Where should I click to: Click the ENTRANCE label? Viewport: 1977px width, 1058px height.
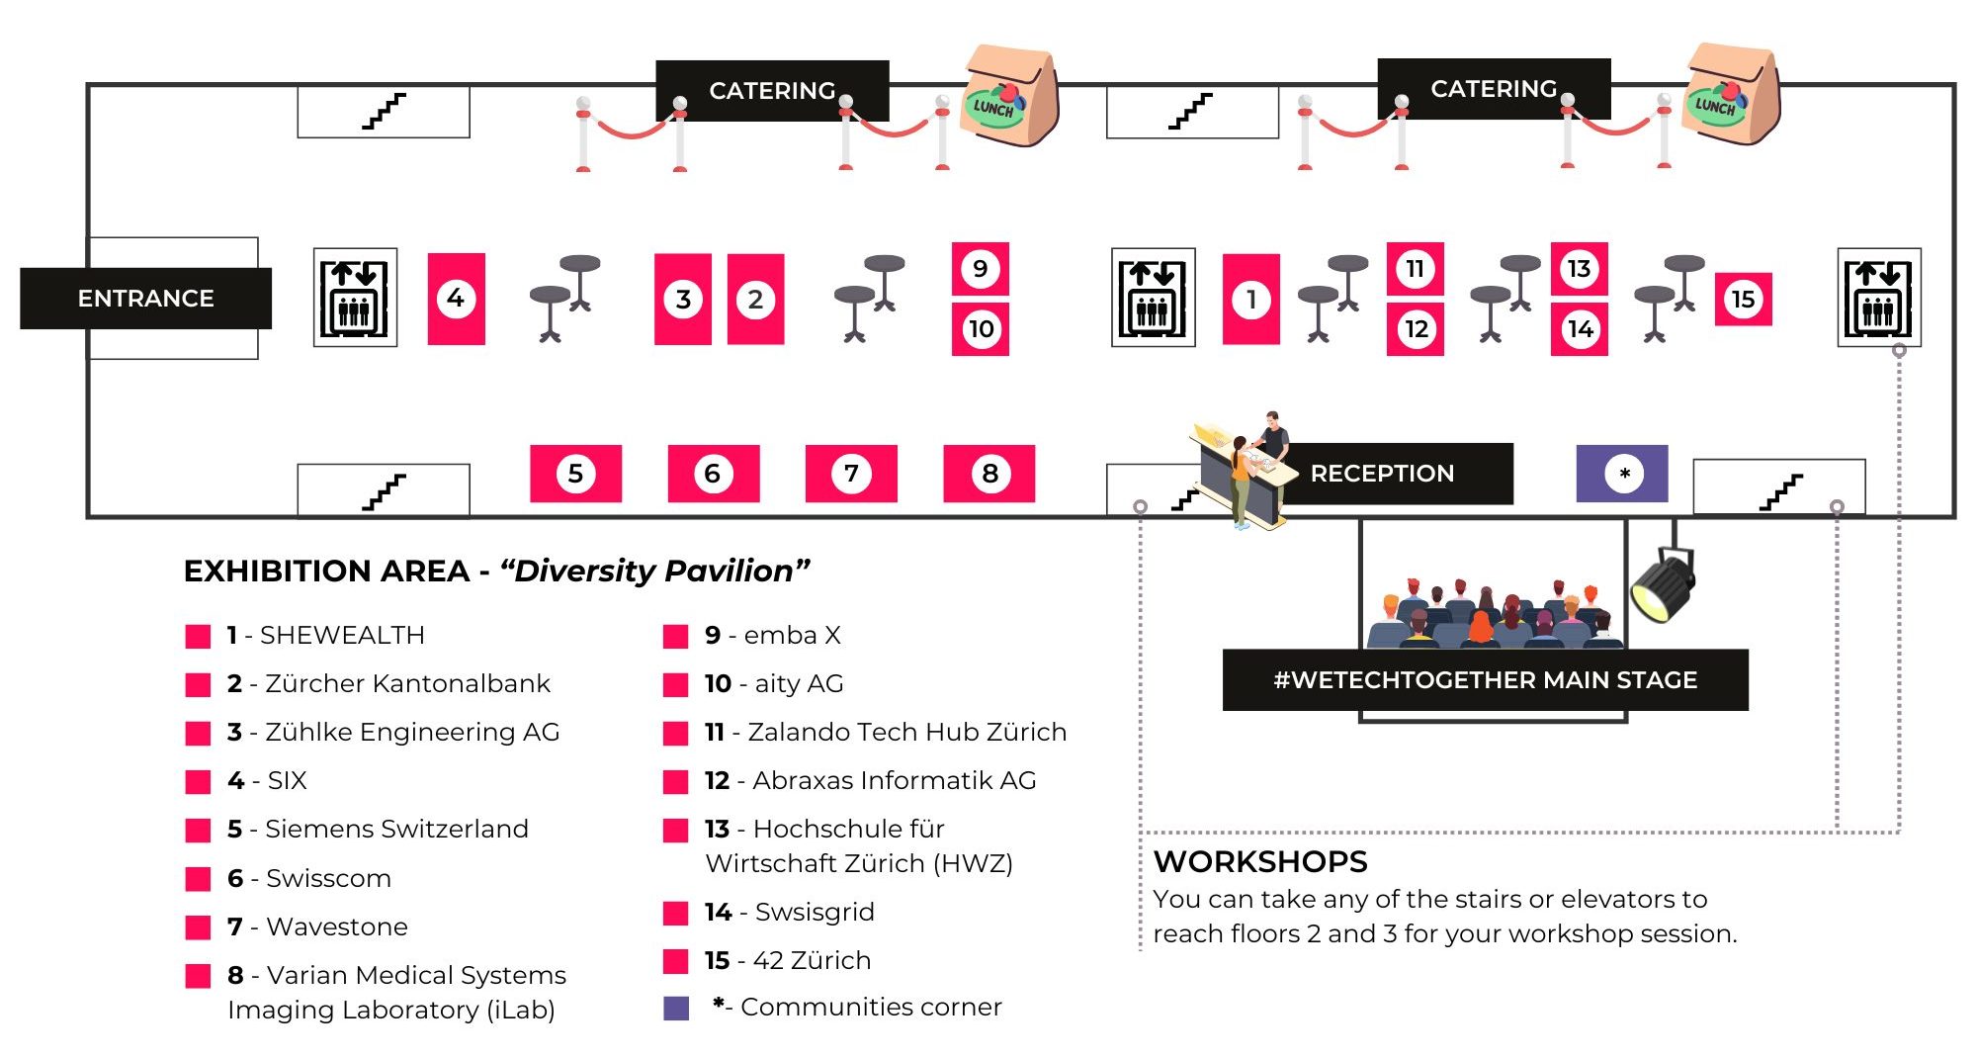pyautogui.click(x=145, y=298)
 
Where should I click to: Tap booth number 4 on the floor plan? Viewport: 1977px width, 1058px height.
pyautogui.click(x=456, y=299)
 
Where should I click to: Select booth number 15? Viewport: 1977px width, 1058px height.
pyautogui.click(x=1743, y=299)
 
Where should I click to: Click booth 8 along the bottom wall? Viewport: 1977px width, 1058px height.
pyautogui.click(x=989, y=474)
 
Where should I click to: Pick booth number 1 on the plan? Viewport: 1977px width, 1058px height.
pyautogui.click(x=1250, y=299)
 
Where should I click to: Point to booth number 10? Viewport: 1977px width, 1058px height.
pyautogui.click(x=981, y=329)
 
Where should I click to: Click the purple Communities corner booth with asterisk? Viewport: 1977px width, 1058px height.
pyautogui.click(x=1622, y=474)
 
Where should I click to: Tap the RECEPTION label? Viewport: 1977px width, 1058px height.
pyautogui.click(x=1382, y=474)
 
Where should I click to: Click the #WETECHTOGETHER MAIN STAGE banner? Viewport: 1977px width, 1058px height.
pyautogui.click(x=1485, y=680)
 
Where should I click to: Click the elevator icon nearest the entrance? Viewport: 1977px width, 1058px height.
pyautogui.click(x=355, y=298)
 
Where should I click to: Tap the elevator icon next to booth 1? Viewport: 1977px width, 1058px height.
pyautogui.click(x=1153, y=298)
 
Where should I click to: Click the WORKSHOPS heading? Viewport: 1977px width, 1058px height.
pyautogui.click(x=1260, y=861)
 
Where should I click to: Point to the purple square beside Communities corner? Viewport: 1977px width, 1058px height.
pyautogui.click(x=676, y=1008)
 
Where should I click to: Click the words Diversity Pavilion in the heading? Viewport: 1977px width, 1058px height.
pyautogui.click(x=654, y=571)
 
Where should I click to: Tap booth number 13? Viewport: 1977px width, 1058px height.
pyautogui.click(x=1579, y=269)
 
